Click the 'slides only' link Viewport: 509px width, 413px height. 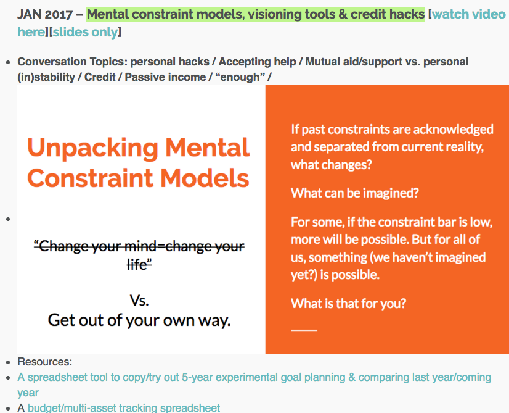tap(85, 32)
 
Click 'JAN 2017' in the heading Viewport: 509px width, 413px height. tap(45, 14)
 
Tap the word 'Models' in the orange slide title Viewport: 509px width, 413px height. tap(205, 178)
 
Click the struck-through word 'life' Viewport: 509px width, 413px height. tap(139, 264)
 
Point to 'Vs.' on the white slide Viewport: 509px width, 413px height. tap(139, 301)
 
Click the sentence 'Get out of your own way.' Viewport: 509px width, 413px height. tap(139, 320)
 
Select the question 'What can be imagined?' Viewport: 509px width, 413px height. tap(355, 193)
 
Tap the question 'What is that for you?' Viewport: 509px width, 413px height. tap(349, 304)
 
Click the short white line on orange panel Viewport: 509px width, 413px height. tap(304, 330)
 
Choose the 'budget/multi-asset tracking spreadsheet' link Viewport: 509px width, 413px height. tap(124, 408)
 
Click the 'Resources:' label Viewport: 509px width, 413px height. tap(45, 362)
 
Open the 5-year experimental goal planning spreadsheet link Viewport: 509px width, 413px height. tap(254, 385)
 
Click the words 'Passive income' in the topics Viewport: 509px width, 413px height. tap(165, 77)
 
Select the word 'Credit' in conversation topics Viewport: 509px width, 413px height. tap(100, 77)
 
